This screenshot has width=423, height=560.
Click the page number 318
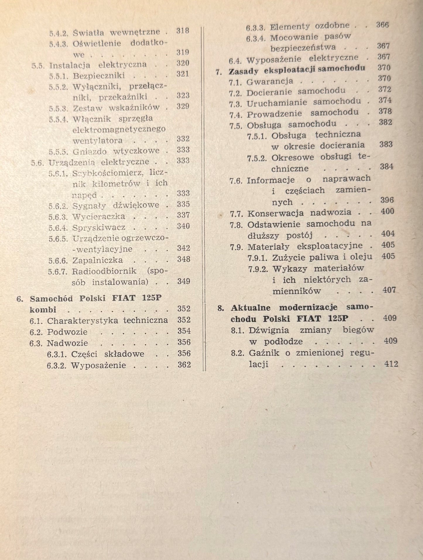183,31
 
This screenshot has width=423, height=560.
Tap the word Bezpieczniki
99,76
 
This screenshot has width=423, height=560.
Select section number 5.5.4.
59,119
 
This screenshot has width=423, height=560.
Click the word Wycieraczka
99,217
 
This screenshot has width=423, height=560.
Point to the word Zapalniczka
97,260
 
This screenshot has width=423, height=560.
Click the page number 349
184,281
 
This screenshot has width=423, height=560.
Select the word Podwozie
67,332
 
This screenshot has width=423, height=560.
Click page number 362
184,365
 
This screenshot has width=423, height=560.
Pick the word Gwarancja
270,81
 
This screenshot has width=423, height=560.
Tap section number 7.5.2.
257,158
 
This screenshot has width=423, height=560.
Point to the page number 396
387,200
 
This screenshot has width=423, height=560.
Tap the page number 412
391,364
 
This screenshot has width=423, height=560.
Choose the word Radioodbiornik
104,271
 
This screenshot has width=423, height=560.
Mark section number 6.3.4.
256,39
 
